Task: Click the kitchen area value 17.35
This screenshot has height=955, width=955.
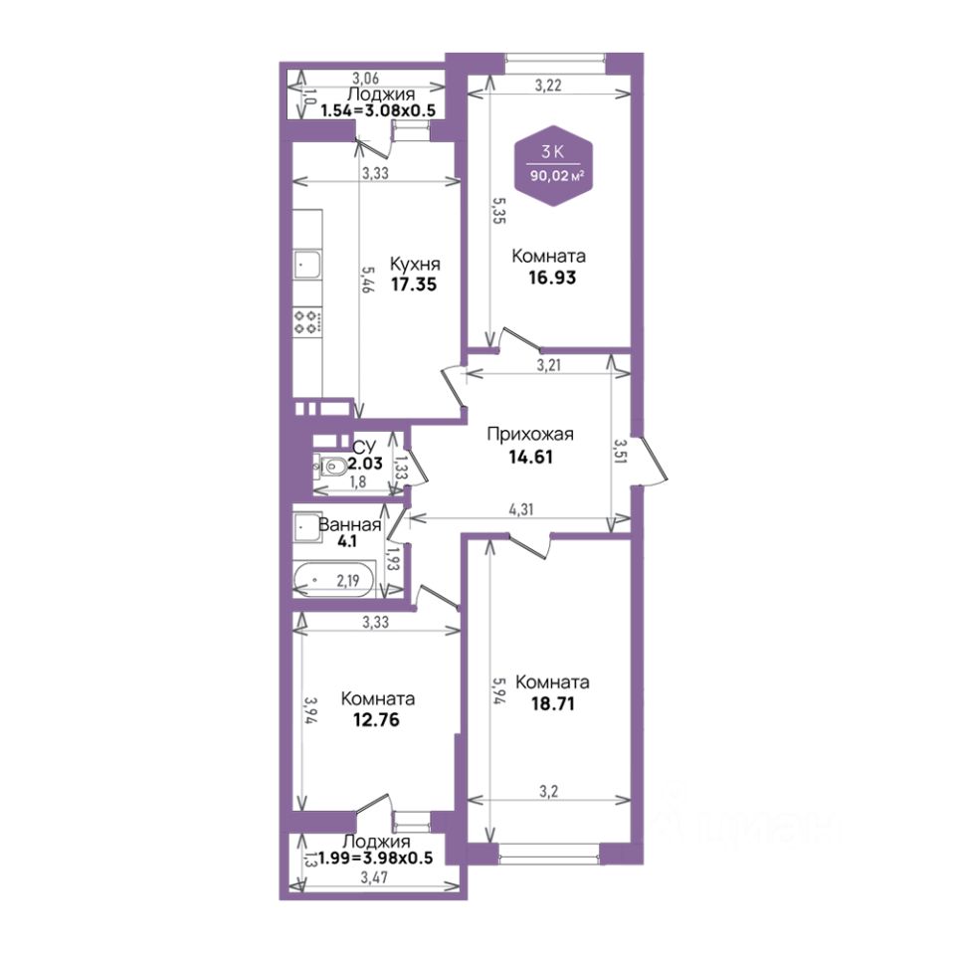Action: click(414, 285)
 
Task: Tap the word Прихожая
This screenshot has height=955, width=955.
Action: click(530, 435)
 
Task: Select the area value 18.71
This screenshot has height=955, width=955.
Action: click(552, 704)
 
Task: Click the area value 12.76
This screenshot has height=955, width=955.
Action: click(376, 720)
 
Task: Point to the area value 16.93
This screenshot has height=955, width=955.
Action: click(552, 278)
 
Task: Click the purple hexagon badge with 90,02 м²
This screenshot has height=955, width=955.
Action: click(554, 166)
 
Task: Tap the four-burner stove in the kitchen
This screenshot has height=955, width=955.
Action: click(307, 321)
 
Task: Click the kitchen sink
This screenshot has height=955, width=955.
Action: click(307, 265)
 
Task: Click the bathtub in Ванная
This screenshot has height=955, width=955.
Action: click(334, 579)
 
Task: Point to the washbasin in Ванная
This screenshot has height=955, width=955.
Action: click(306, 528)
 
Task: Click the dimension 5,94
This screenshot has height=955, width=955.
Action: click(500, 691)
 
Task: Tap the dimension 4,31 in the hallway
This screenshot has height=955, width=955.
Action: click(521, 509)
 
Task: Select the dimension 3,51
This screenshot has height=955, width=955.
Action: click(620, 452)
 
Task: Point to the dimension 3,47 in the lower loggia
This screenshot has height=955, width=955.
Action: click(374, 877)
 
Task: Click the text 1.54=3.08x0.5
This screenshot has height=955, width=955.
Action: click(378, 110)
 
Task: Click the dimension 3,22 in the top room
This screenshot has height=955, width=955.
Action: click(548, 86)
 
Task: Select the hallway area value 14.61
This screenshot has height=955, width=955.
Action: click(530, 457)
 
